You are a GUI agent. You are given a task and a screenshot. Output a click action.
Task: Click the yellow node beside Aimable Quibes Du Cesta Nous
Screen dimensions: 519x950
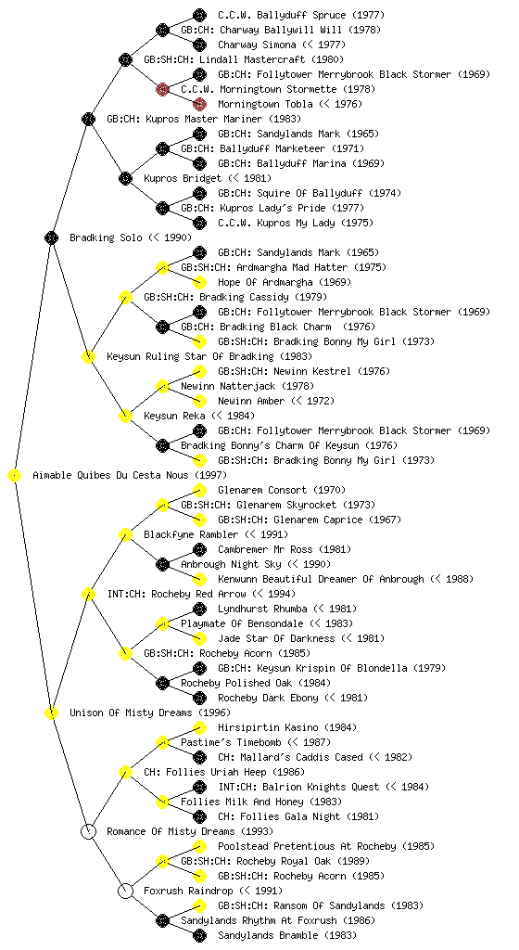15,476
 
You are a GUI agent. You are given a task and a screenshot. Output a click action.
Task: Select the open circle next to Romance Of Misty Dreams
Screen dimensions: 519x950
88,832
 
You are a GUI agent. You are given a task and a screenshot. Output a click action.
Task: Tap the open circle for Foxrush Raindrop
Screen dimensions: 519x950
125,892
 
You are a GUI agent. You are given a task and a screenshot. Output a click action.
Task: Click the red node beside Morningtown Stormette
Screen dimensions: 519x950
162,90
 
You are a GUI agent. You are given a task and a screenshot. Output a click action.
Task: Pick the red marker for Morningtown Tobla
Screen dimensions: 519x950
199,104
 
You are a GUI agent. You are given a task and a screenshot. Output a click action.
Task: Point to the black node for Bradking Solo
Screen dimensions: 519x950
51,238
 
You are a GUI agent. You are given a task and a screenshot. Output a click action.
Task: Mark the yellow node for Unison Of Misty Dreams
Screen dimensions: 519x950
51,713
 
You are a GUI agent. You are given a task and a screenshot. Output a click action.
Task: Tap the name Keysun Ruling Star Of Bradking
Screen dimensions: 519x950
191,357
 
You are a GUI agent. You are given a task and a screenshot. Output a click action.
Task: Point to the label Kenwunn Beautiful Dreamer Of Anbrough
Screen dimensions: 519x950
322,579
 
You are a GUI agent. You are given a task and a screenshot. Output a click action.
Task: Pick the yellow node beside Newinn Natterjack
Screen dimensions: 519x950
162,387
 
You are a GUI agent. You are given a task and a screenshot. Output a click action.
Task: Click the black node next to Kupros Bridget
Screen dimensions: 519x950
125,179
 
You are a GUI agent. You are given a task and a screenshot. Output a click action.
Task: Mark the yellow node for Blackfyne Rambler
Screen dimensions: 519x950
125,535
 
